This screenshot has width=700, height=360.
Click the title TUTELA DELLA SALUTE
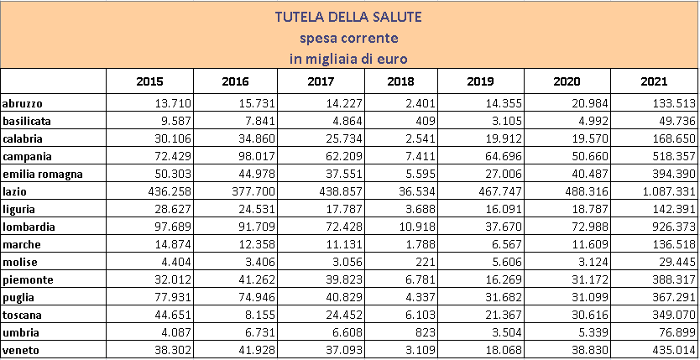(349, 17)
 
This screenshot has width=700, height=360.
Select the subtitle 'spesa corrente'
(349, 38)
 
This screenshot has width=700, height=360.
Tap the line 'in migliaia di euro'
(349, 58)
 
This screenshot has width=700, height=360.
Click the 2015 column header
(149, 81)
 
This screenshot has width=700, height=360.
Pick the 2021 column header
(652, 81)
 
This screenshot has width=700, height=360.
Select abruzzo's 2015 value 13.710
(164, 103)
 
